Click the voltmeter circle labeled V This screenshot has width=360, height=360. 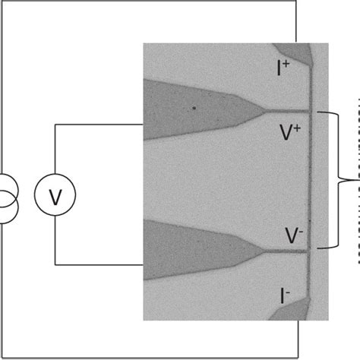55,197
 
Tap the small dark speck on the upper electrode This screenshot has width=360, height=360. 194,108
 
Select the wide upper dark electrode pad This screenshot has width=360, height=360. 190,109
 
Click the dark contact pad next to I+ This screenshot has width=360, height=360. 300,52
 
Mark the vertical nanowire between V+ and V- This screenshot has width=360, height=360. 310,182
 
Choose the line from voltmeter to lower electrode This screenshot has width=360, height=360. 99,265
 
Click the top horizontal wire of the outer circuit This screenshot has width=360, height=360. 152,2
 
